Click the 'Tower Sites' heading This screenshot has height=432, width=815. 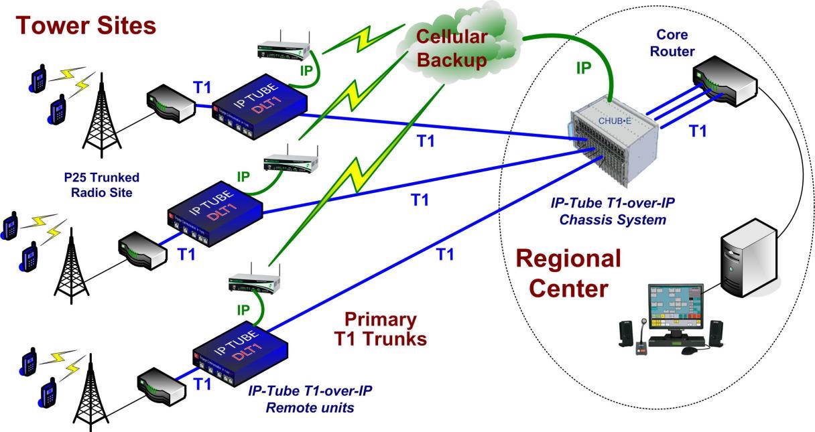[86, 25]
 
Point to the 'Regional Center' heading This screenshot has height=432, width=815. [568, 273]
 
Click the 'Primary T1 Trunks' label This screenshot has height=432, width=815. [381, 329]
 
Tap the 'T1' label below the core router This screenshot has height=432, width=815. [698, 131]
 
